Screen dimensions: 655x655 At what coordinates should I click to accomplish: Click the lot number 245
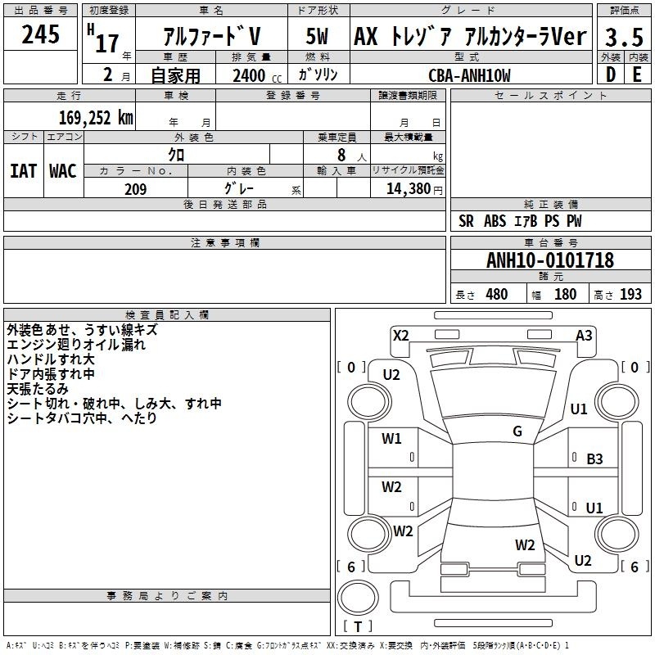(40, 34)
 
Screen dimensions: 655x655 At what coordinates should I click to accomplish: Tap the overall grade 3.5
(624, 37)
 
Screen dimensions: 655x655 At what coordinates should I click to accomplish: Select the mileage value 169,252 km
(96, 117)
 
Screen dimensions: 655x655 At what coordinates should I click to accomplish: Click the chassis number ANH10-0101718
(550, 260)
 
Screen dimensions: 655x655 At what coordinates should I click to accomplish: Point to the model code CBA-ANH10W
(469, 75)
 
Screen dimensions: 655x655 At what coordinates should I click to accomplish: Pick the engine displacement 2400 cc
(257, 75)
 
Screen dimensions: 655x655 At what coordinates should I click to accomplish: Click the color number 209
(136, 189)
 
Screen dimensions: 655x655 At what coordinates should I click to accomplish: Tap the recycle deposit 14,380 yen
(414, 189)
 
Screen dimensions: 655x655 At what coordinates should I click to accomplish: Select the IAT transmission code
(24, 171)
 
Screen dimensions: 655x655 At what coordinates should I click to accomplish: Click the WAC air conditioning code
(63, 171)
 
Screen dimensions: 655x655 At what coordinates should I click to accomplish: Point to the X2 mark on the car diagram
(401, 336)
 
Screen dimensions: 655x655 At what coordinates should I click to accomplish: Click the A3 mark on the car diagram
(584, 336)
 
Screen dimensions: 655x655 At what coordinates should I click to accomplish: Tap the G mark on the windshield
(517, 431)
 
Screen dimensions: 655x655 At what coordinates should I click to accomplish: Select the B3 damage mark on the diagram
(594, 459)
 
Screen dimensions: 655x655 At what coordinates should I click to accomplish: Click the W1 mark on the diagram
(391, 438)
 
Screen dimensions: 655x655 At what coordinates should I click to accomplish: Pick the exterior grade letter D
(611, 75)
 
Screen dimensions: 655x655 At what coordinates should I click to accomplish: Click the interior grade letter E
(637, 75)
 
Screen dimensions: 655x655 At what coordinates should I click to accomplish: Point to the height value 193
(630, 294)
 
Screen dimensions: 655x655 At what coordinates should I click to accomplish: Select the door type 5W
(317, 36)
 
